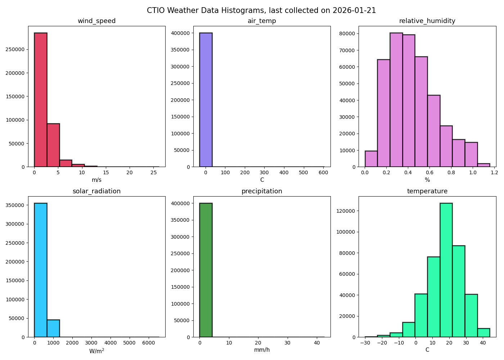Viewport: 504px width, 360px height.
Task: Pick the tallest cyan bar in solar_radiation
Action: coord(41,270)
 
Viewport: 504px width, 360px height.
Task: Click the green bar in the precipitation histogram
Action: coord(206,270)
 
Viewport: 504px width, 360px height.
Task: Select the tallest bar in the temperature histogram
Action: coord(446,270)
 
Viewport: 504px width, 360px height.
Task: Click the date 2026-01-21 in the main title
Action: coord(354,10)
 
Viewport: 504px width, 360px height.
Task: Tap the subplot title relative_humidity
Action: coord(427,21)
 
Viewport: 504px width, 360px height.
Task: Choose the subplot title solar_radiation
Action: coord(96,191)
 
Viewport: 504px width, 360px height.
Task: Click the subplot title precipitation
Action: coord(262,191)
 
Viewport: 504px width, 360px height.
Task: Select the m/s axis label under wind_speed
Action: coord(96,180)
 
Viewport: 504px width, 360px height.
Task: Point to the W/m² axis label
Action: coord(96,351)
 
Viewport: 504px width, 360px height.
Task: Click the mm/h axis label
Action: coord(262,350)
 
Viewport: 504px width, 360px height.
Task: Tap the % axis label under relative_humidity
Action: coord(427,180)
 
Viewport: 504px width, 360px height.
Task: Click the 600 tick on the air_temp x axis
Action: coord(323,172)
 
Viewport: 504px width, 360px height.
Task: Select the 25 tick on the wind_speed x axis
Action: coord(153,172)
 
